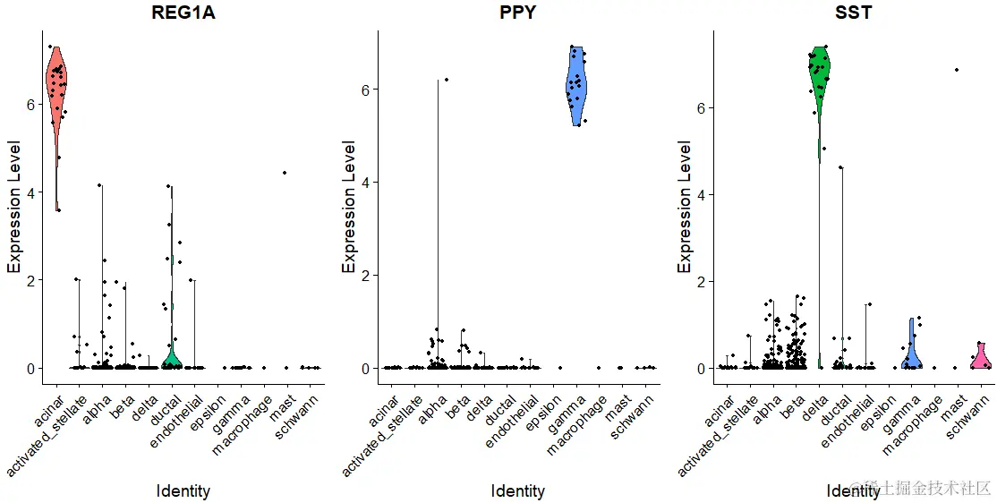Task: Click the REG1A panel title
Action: coord(183,13)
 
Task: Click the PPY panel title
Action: coord(518,13)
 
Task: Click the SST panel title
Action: coord(854,13)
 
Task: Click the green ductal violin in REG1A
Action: coord(171,358)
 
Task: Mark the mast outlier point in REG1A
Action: coord(285,173)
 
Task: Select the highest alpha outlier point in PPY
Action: coord(447,80)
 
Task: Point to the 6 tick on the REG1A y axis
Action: coord(30,104)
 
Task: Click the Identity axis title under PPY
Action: coord(518,491)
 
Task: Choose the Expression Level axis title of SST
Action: coord(686,206)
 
